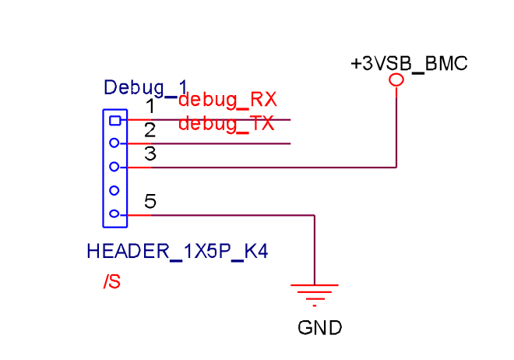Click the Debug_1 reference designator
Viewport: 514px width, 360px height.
pos(146,86)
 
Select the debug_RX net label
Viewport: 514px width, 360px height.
pos(227,100)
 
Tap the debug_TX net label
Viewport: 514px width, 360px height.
pos(226,124)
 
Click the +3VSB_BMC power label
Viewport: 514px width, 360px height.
pos(409,64)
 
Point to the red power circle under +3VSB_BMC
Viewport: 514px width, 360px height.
pos(396,79)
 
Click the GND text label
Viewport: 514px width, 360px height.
pos(319,328)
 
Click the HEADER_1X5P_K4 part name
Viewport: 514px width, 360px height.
pos(182,252)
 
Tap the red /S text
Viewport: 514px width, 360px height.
pos(111,281)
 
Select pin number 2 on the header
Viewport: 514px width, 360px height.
pos(150,130)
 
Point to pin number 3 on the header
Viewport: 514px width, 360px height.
pos(150,154)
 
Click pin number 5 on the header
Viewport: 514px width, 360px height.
pos(150,202)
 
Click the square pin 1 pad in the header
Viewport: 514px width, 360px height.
pos(114,120)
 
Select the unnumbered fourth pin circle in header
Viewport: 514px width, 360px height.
pos(114,190)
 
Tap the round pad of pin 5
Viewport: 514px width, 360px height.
pos(114,214)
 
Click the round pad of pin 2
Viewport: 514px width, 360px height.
pos(114,143)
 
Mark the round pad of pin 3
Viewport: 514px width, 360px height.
pos(114,167)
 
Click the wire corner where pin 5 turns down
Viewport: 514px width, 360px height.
pos(315,215)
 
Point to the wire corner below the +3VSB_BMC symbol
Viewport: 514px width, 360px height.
pos(396,167)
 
